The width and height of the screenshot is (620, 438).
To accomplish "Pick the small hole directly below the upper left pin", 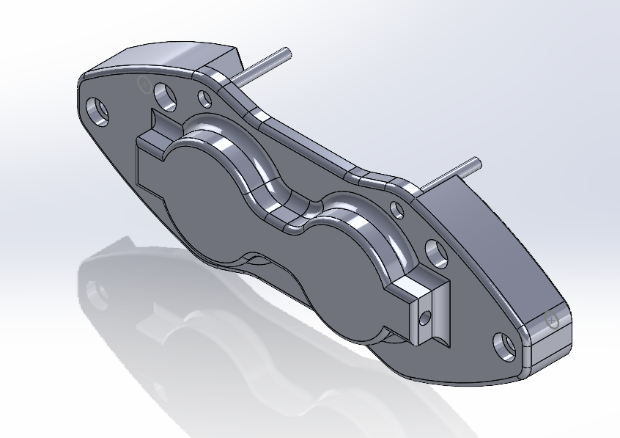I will point(204,96).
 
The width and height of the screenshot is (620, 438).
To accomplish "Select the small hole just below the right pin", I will point(396,211).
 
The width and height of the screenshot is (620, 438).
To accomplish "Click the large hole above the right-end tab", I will point(437,253).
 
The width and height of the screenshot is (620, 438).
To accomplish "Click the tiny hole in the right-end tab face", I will point(423,319).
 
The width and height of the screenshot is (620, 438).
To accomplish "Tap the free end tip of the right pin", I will point(477,161).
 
